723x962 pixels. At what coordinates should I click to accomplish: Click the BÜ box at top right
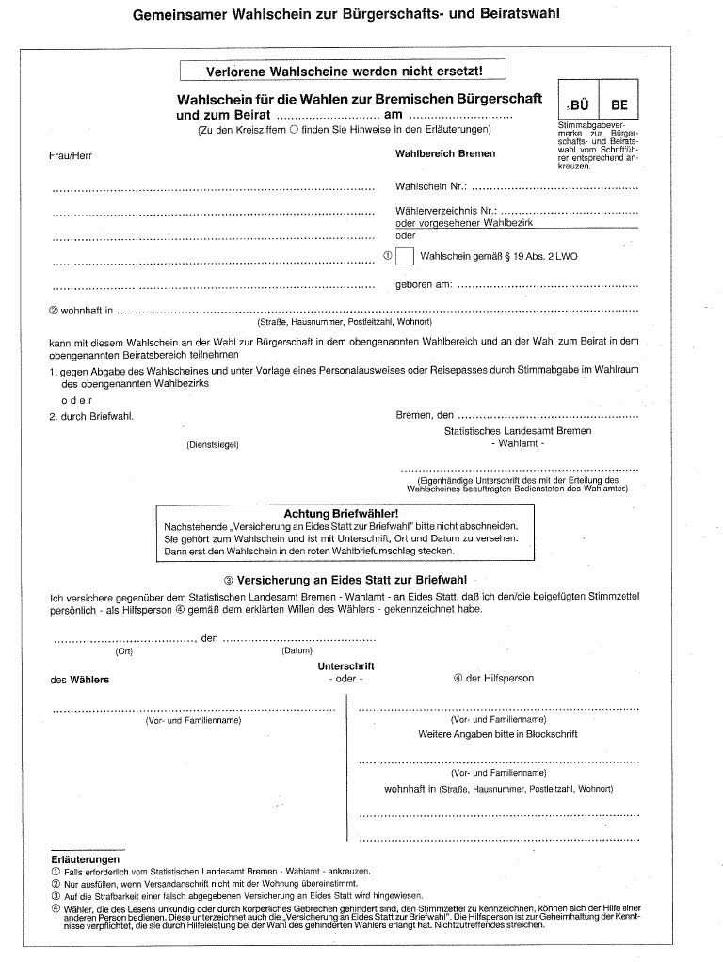click(578, 105)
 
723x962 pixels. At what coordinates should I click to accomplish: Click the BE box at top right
click(619, 105)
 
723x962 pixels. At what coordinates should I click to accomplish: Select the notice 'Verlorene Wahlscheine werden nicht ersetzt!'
click(344, 72)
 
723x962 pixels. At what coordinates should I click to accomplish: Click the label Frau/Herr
click(71, 156)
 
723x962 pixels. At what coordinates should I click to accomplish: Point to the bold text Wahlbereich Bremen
click(445, 154)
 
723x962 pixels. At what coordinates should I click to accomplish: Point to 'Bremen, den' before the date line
click(425, 415)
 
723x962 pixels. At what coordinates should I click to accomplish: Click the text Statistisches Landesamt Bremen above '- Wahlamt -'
click(518, 431)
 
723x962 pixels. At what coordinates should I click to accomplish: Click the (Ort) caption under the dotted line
click(124, 650)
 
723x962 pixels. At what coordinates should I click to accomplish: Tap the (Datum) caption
click(297, 650)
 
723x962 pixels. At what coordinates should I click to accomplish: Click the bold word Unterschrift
click(345, 666)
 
